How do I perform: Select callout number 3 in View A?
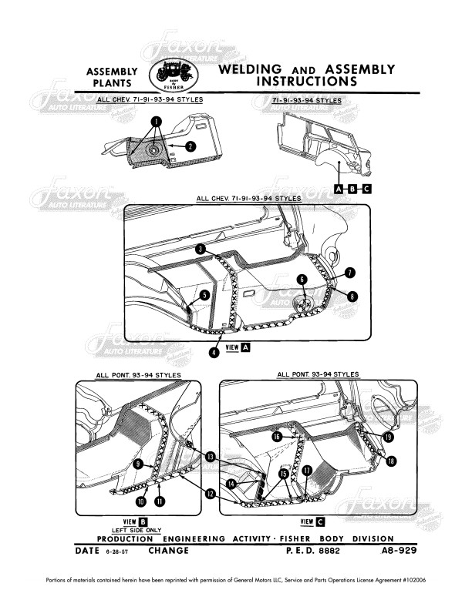[200, 250]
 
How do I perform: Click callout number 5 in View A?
[204, 294]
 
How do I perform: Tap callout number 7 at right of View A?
[350, 273]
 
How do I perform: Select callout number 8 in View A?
[352, 295]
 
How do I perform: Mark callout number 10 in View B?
[140, 501]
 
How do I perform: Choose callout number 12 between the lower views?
[210, 494]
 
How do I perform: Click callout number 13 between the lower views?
[211, 457]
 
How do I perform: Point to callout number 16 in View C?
[276, 436]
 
